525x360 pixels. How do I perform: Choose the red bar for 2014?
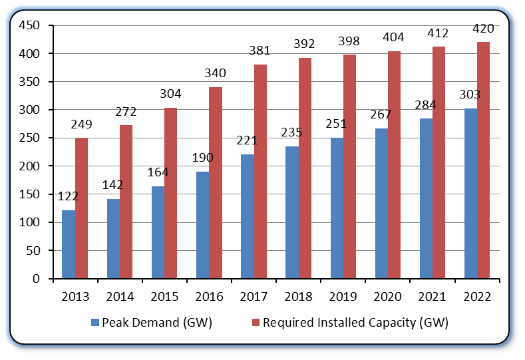pyautogui.click(x=126, y=202)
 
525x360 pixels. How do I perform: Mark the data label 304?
pyautogui.click(x=171, y=94)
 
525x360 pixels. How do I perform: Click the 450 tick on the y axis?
pyautogui.click(x=30, y=25)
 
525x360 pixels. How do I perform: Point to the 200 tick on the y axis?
pyautogui.click(x=30, y=166)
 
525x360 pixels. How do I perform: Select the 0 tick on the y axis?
pyautogui.click(x=37, y=279)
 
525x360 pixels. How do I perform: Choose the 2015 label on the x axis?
pyautogui.click(x=165, y=296)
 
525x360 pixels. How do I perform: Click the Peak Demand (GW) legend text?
pyautogui.click(x=157, y=323)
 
